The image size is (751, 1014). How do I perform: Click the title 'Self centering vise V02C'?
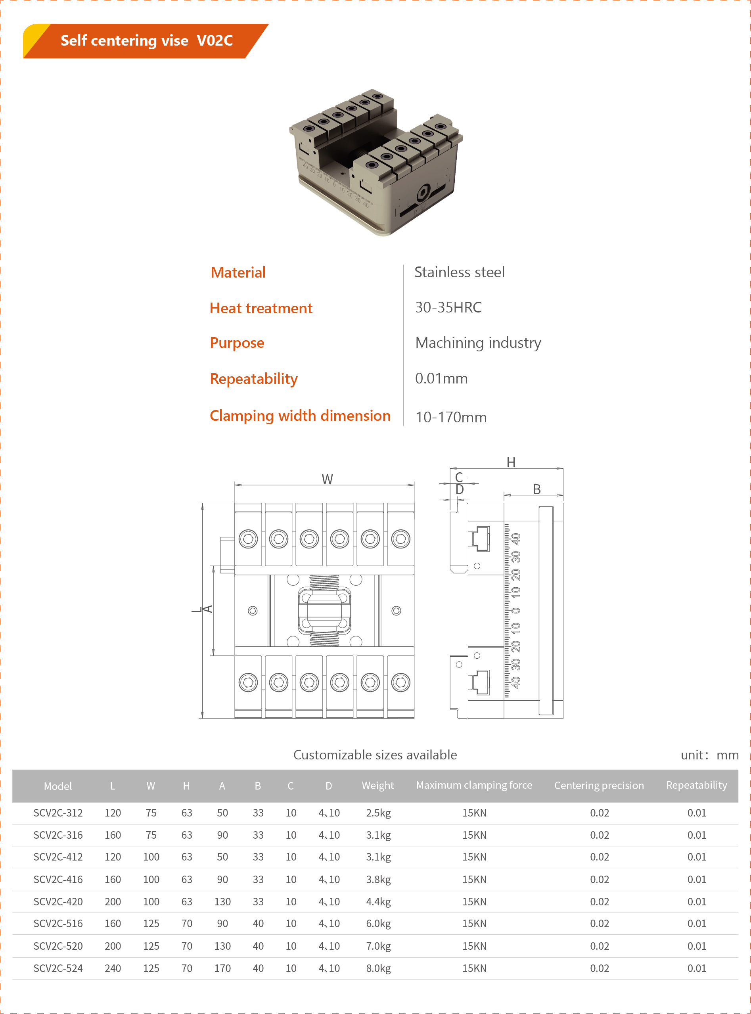click(146, 40)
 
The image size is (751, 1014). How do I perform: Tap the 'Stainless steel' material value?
click(459, 272)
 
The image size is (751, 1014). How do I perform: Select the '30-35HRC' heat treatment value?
click(448, 307)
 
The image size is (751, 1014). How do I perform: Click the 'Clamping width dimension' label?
click(300, 416)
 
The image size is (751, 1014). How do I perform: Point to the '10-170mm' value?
click(450, 417)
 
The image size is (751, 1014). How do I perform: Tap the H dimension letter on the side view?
click(511, 462)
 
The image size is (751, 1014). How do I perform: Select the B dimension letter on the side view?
click(536, 489)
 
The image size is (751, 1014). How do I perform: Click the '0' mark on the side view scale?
click(516, 610)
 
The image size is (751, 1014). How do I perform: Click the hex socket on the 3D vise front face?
click(423, 193)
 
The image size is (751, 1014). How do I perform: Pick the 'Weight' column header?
click(377, 785)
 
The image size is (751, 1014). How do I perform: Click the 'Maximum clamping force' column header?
click(474, 785)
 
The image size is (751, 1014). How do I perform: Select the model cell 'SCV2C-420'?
click(58, 901)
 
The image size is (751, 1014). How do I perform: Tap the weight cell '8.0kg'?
click(378, 968)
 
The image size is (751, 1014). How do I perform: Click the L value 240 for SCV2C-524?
click(113, 968)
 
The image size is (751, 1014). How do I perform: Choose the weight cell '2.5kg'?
click(378, 813)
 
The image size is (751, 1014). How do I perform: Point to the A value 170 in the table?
click(222, 968)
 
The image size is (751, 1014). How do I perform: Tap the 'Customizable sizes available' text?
click(375, 755)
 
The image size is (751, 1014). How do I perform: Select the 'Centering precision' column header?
click(599, 785)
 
